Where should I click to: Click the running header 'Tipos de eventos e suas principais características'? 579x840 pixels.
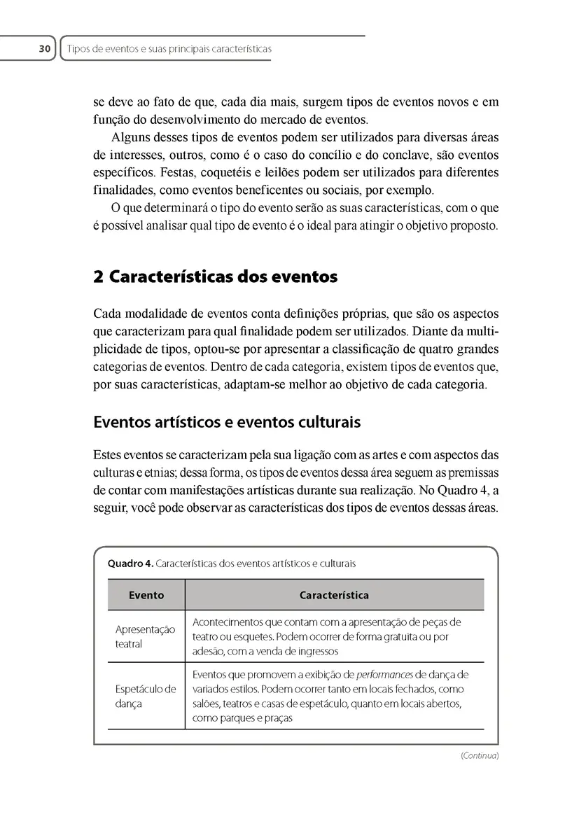point(168,49)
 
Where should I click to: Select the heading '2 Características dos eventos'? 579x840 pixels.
point(216,276)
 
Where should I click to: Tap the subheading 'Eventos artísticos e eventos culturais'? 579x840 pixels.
point(227,422)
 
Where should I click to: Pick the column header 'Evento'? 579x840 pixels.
point(146,595)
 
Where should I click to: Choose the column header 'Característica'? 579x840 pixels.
point(334,595)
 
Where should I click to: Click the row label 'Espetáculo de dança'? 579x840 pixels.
point(145,696)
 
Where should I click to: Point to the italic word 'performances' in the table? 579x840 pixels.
point(384,675)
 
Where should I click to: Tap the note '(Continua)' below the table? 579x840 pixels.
point(480,755)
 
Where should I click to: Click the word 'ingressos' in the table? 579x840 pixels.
point(316,651)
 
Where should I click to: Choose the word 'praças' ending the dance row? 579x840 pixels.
point(275,718)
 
